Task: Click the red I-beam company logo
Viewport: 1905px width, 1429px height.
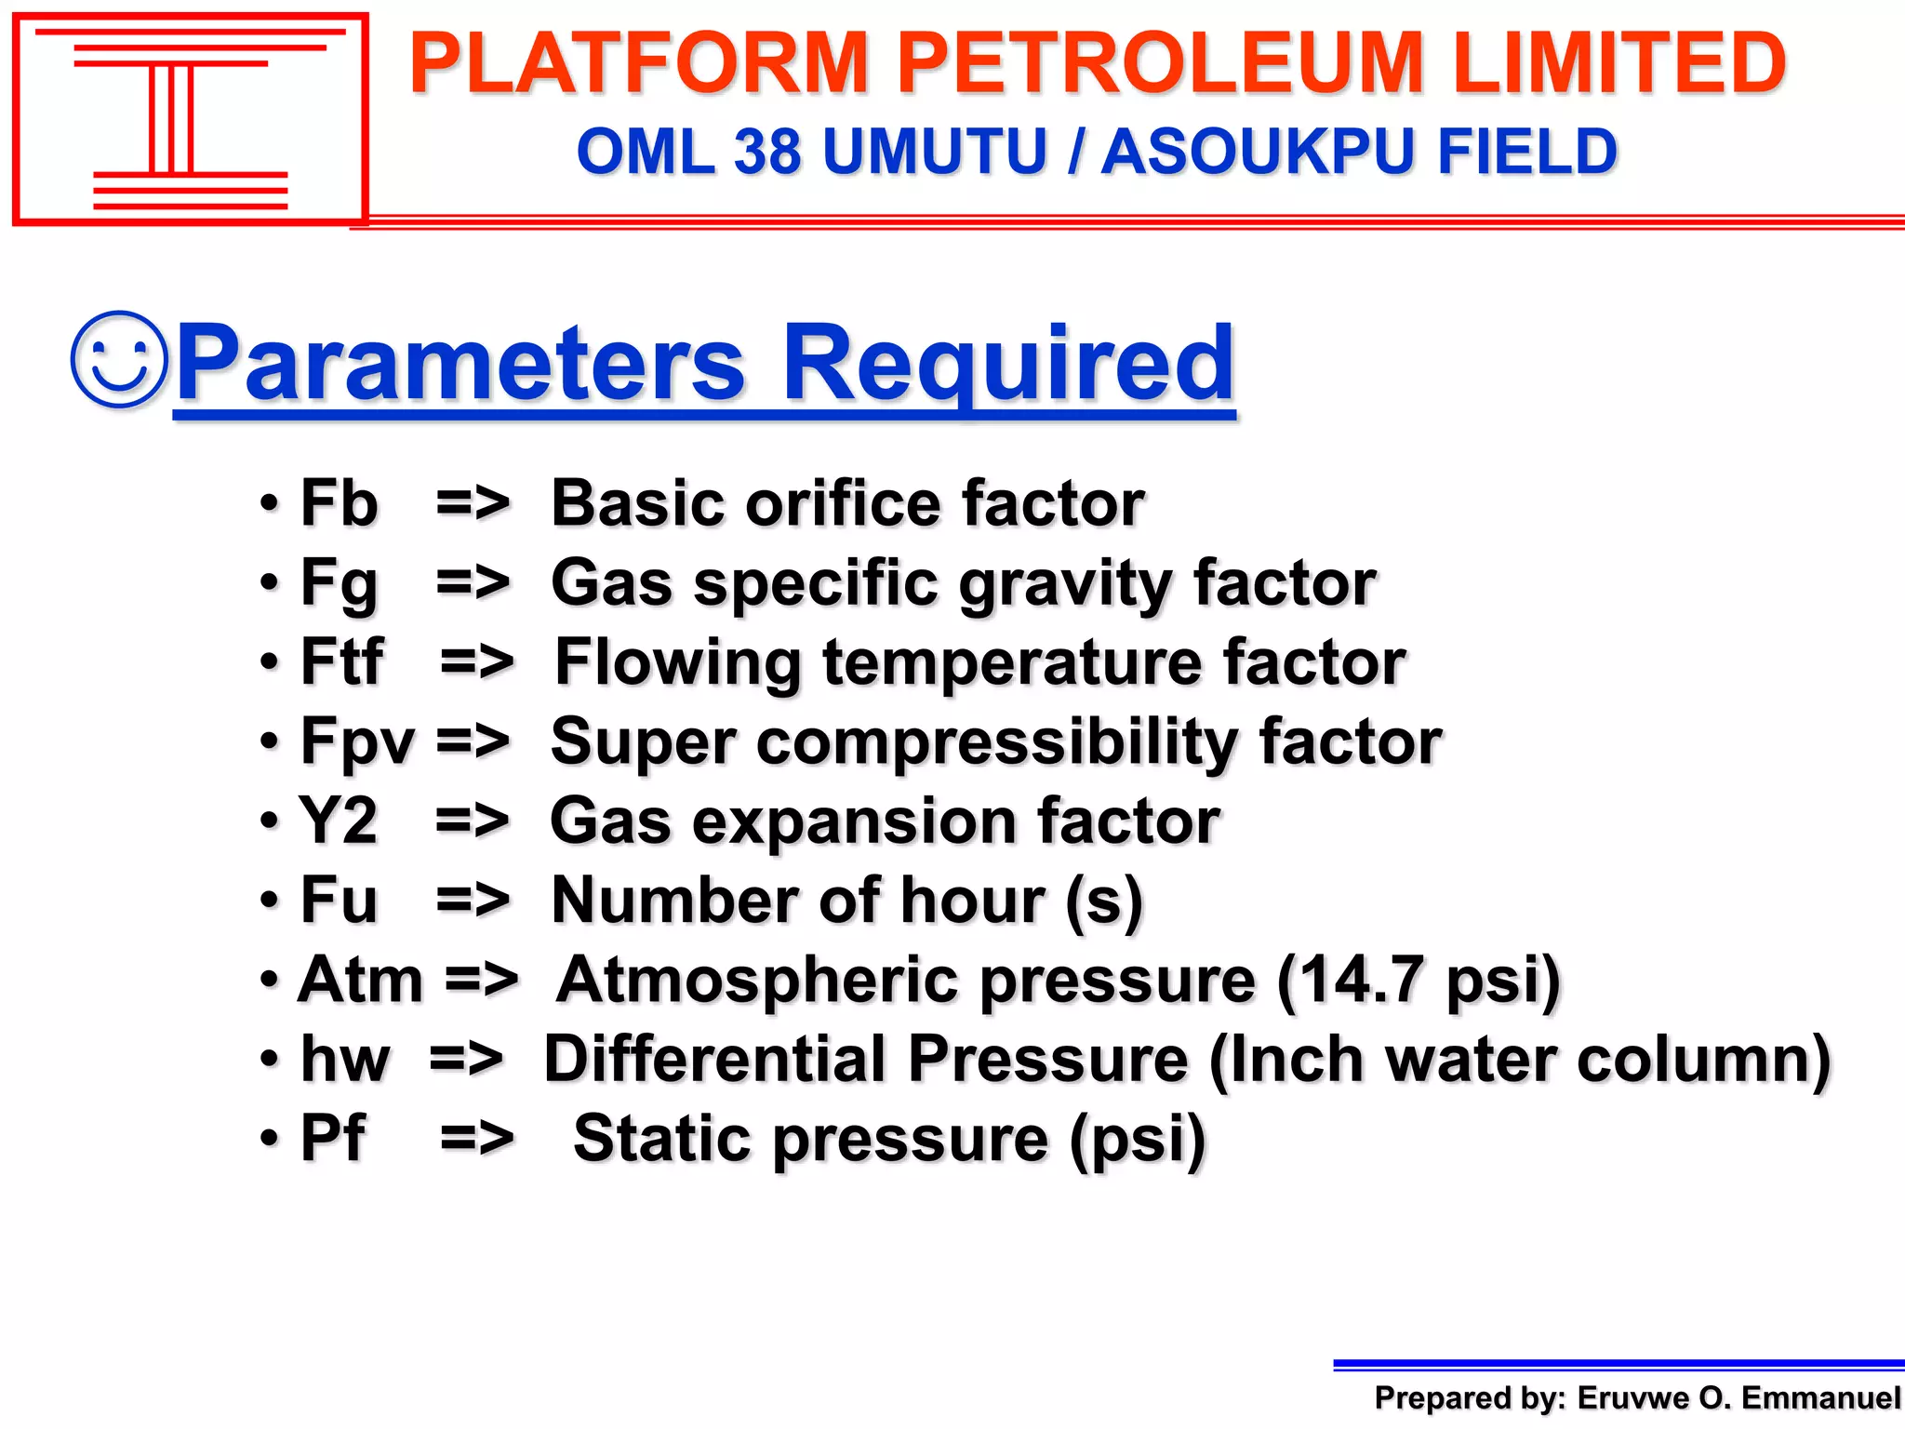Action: point(190,119)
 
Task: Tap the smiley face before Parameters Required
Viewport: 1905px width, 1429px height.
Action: point(120,359)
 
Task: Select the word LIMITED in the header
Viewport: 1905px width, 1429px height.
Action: point(1619,63)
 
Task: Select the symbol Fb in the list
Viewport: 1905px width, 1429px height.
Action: point(339,503)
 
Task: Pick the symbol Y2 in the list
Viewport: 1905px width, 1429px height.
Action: point(338,821)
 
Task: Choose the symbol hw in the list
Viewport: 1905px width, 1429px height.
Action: point(345,1060)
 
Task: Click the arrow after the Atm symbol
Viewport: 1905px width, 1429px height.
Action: point(481,981)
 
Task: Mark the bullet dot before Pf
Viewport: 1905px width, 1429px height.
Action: point(270,1139)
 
